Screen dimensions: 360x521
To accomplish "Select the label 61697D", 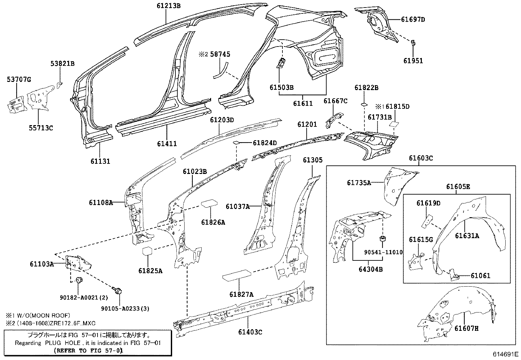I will point(413,19).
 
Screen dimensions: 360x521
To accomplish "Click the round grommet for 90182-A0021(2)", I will point(79,280).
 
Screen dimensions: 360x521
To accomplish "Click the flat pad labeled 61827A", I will point(237,275).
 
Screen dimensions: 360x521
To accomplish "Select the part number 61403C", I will point(250,332).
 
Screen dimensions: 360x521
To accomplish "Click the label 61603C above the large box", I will point(421,158).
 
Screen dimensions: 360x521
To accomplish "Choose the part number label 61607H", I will point(467,328).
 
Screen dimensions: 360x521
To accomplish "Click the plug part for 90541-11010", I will point(382,238).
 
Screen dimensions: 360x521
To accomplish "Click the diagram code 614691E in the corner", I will point(506,354).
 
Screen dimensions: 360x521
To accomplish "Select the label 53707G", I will point(19,79).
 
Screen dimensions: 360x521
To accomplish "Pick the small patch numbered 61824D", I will point(236,142).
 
